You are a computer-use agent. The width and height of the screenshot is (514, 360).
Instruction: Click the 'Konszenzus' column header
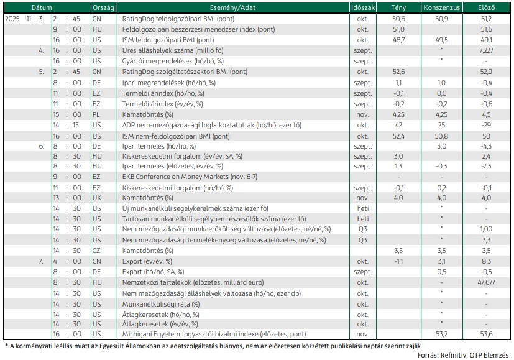click(441, 7)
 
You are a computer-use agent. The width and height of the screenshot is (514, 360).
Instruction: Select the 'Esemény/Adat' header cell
click(232, 7)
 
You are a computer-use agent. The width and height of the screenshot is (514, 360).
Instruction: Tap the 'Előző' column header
click(486, 7)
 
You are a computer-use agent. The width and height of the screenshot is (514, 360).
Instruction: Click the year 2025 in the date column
click(12, 19)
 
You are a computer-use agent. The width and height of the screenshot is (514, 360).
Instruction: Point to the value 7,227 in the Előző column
click(486, 50)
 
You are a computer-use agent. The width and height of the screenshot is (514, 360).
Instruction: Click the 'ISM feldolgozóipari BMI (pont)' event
click(168, 40)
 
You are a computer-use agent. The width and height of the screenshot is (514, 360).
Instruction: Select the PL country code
click(96, 114)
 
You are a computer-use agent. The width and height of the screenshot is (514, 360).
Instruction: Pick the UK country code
click(97, 198)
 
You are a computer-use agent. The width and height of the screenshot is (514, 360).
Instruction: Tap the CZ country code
click(96, 251)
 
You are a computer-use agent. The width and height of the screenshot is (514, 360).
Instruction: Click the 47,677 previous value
click(486, 282)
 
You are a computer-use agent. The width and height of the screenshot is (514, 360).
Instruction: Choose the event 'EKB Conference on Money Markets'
click(175, 177)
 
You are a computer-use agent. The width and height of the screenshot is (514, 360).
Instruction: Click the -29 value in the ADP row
click(486, 125)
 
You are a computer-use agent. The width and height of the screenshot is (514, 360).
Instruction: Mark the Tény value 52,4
click(398, 136)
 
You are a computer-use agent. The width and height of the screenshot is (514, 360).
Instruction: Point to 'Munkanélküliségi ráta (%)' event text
click(161, 304)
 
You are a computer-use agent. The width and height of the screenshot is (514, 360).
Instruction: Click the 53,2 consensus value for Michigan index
click(441, 334)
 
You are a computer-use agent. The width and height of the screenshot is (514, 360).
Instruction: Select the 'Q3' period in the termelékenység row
click(362, 240)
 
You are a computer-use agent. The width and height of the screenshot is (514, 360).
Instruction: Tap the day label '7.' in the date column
click(40, 261)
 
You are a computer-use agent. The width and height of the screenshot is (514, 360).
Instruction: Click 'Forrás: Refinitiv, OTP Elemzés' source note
click(463, 355)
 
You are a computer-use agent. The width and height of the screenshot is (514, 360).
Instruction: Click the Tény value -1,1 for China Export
click(398, 261)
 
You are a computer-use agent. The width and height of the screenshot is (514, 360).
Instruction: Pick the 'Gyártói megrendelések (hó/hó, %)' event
click(173, 61)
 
